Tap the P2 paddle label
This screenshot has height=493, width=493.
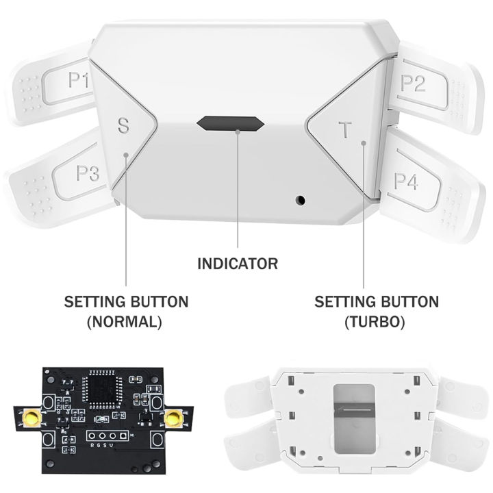412,82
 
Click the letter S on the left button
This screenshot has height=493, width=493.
123,126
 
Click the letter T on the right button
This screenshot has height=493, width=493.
344,129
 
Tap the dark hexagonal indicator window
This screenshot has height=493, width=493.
230,124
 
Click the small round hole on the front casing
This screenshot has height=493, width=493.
299,200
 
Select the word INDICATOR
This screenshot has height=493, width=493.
238,264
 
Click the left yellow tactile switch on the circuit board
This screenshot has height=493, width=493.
31,416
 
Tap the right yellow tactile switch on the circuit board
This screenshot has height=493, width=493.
175,416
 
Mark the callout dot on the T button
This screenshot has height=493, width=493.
364,144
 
